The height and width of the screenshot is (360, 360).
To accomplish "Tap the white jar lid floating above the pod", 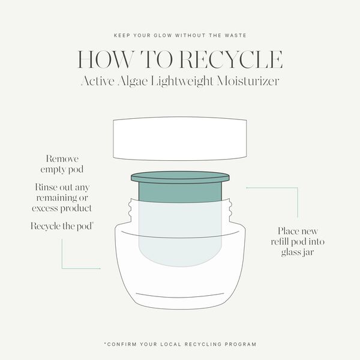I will coord(180,139).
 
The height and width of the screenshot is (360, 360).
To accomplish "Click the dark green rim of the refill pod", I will coord(180,177).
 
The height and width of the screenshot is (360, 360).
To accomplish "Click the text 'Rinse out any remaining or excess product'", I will coord(62,197).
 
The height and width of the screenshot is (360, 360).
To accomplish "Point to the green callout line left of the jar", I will coord(63,255).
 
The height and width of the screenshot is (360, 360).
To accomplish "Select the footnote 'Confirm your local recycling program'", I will coord(180,344).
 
